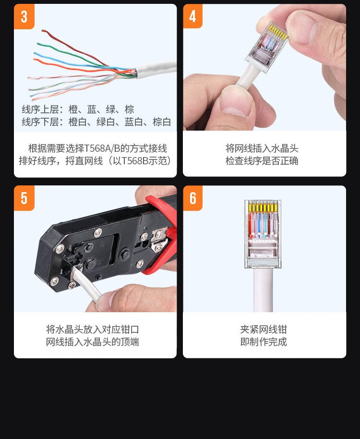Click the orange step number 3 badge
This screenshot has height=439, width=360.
[24, 16]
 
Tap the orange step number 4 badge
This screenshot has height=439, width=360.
[193, 16]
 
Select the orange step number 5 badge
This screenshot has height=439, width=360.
[24, 198]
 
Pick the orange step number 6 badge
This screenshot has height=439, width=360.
[193, 198]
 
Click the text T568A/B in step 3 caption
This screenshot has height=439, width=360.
[102, 148]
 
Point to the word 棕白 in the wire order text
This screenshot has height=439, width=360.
[162, 122]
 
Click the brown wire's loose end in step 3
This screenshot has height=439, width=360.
[43, 30]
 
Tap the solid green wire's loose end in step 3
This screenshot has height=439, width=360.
[38, 44]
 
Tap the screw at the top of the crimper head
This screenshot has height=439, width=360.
[98, 232]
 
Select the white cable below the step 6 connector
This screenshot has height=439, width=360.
[263, 290]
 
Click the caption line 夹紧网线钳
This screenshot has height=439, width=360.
[264, 329]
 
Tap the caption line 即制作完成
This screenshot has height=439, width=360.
[264, 342]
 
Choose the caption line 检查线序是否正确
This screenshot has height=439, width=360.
[262, 161]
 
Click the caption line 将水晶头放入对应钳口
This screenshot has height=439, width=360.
[93, 329]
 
